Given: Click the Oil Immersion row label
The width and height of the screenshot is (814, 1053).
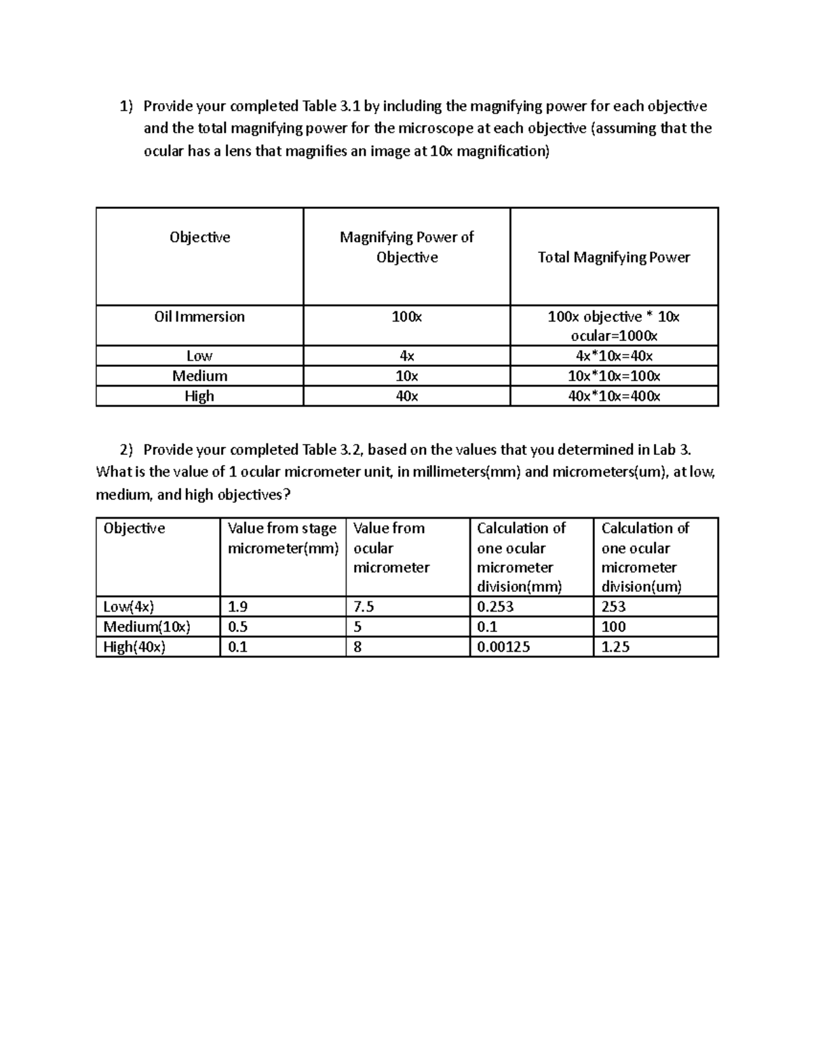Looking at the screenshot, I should coord(199,317).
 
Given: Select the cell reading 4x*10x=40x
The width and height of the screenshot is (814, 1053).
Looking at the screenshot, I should coord(613,356).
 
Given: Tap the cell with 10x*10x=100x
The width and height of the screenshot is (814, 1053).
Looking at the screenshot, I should coord(613,376).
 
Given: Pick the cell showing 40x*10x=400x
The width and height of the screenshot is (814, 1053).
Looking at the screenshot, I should coord(613,396).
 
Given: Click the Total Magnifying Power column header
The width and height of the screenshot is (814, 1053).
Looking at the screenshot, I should coord(613,257).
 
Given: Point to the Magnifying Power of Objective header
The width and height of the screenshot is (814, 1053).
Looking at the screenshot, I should coord(406,247).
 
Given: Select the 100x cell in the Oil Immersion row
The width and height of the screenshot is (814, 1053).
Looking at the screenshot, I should coord(406,317).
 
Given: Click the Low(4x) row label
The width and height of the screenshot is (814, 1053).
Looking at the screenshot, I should coord(129,607).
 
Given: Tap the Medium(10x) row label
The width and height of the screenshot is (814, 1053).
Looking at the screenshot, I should coord(147,627).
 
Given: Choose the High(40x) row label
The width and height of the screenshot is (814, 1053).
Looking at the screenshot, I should coord(134,647).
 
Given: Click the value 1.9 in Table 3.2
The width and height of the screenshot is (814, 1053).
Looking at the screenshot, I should coord(238,607).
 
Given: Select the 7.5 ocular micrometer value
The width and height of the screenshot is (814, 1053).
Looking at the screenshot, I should coord(364,607).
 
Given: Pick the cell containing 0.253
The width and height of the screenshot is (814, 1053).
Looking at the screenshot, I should coord(495,607).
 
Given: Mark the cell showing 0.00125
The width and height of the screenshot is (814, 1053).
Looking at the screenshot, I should coord(503,647).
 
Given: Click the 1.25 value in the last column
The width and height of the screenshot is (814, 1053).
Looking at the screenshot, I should coord(615,647).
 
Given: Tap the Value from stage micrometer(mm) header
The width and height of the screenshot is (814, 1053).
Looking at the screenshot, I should coord(282,538).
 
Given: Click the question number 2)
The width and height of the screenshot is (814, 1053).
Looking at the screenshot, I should coord(127,450).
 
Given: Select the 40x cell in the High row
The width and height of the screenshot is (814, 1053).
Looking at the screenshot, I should coord(406,396).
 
